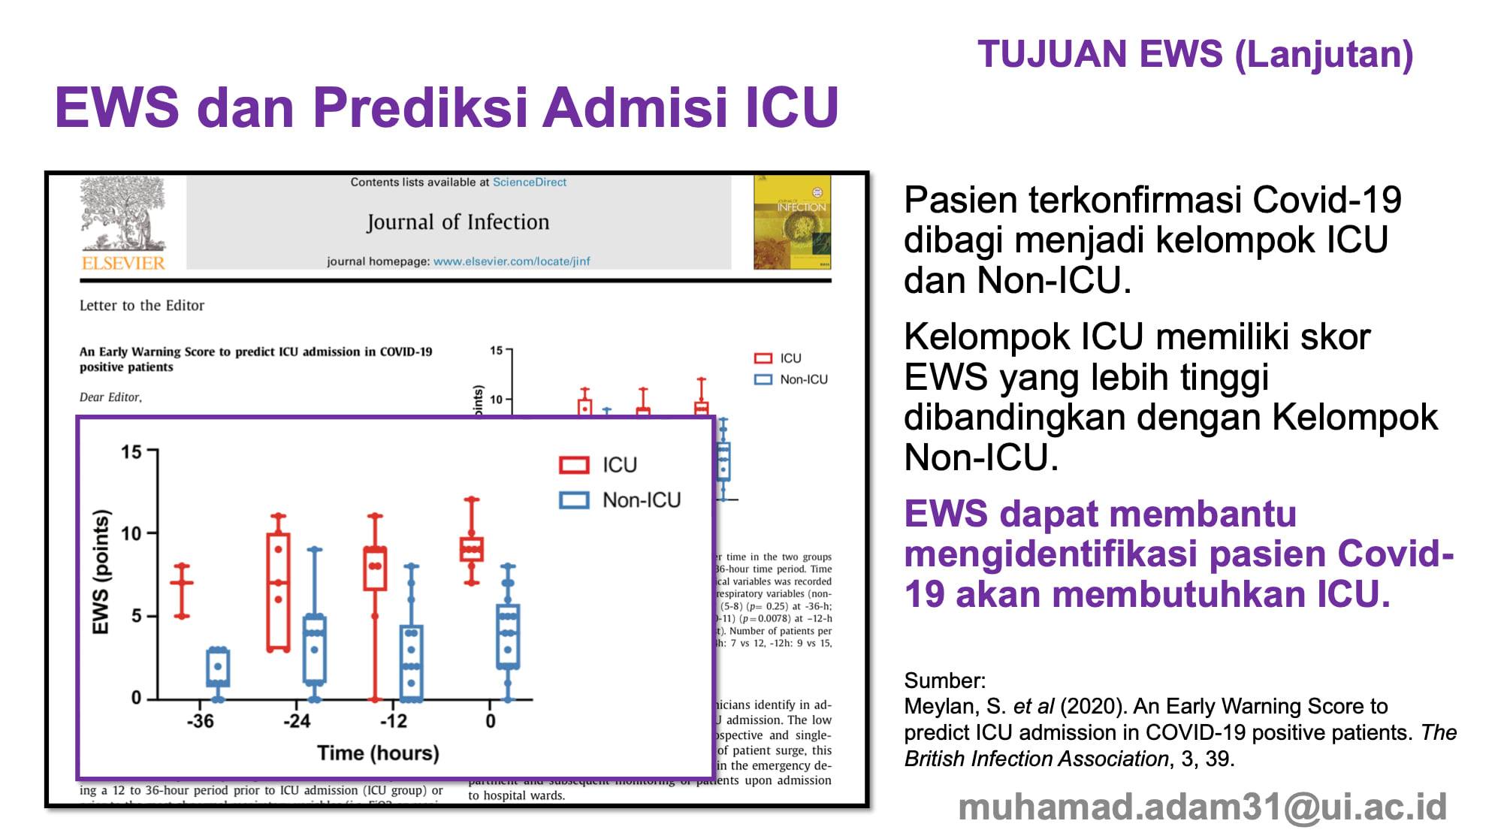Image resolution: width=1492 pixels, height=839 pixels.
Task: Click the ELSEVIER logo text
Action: [123, 263]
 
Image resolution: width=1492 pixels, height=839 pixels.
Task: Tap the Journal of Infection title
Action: [458, 222]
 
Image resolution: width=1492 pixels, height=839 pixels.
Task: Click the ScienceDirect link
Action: [529, 183]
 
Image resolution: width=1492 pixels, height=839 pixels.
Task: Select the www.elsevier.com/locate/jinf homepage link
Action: [512, 261]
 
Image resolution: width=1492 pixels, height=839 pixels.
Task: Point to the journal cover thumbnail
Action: [792, 222]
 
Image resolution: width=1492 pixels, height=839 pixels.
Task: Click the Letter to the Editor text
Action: [142, 306]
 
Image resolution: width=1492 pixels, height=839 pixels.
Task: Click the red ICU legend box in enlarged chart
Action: [574, 465]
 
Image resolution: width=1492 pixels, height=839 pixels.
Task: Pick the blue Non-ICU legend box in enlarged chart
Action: [574, 500]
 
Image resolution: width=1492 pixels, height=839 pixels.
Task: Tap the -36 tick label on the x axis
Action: [200, 721]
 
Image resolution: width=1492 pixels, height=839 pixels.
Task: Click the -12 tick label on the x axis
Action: [393, 721]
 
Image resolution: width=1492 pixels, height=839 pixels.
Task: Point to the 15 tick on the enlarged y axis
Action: [131, 452]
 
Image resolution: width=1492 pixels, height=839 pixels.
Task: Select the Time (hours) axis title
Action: [378, 753]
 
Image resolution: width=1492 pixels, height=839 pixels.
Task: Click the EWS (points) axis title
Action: [101, 572]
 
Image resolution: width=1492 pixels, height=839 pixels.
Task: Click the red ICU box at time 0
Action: [472, 549]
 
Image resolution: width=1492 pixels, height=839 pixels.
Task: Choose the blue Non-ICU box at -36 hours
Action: [218, 667]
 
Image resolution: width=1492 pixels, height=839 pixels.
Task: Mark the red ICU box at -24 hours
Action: [279, 592]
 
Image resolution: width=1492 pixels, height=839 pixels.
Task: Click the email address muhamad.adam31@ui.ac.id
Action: [1202, 807]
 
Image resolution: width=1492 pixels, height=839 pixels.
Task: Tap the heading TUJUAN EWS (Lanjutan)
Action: [1195, 55]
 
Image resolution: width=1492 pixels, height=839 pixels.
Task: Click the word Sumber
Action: [944, 681]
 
